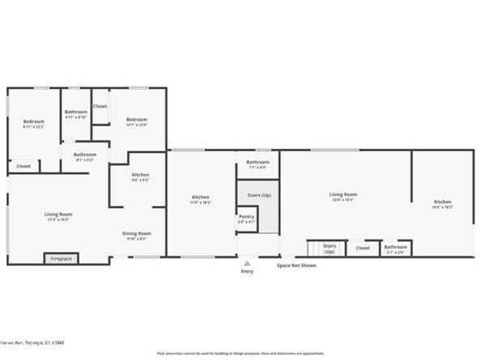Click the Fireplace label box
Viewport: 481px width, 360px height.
pos(62,259)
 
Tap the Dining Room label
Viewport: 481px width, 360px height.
pos(137,234)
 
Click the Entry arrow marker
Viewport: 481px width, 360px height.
pos(247,262)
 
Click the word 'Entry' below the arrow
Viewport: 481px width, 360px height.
pos(247,271)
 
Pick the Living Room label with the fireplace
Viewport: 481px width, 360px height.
pos(58,214)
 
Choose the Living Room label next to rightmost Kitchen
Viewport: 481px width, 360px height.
pos(343,194)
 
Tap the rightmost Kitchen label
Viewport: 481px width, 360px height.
pos(442,202)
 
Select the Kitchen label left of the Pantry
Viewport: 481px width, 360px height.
pos(201,197)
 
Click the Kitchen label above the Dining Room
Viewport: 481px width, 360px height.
pos(141,176)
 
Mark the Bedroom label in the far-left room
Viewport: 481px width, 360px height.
pos(33,122)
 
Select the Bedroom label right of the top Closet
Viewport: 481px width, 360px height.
pos(136,121)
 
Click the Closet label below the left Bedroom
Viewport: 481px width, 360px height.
pos(24,166)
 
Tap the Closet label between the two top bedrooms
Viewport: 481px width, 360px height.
pos(100,106)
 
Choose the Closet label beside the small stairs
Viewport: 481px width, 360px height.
pos(363,248)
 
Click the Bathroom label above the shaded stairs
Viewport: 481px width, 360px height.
pos(258,163)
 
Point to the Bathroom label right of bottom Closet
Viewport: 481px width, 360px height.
pos(396,248)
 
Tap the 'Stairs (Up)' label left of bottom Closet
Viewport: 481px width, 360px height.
pos(330,247)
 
